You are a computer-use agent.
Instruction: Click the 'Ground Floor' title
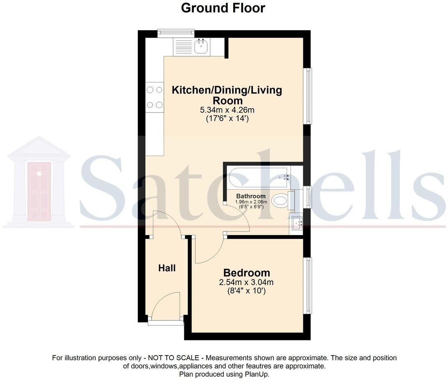(223, 8)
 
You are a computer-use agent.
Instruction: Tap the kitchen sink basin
(201, 46)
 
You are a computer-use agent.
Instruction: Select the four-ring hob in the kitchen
(154, 98)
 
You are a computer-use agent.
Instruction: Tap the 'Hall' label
(167, 268)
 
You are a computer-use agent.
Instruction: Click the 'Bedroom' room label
(246, 272)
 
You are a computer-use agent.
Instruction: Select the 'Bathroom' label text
(251, 196)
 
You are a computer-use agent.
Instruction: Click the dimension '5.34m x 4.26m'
(227, 110)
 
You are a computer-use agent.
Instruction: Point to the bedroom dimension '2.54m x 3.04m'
(246, 282)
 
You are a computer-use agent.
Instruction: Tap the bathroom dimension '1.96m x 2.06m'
(251, 202)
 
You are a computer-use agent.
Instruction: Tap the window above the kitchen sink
(176, 33)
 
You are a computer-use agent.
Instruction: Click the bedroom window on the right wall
(307, 286)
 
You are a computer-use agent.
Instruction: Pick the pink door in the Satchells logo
(39, 191)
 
